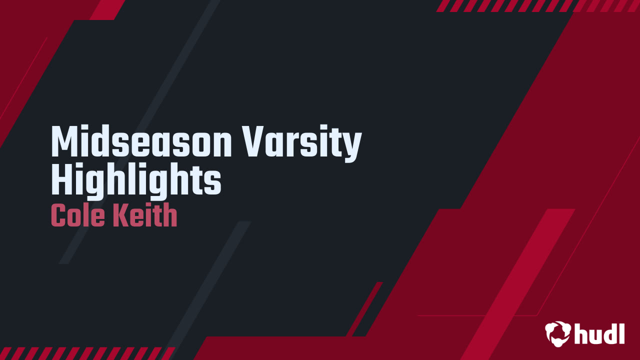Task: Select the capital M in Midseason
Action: coord(63,142)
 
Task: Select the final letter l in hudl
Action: coord(621,333)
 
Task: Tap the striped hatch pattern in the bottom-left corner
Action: coord(85,353)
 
